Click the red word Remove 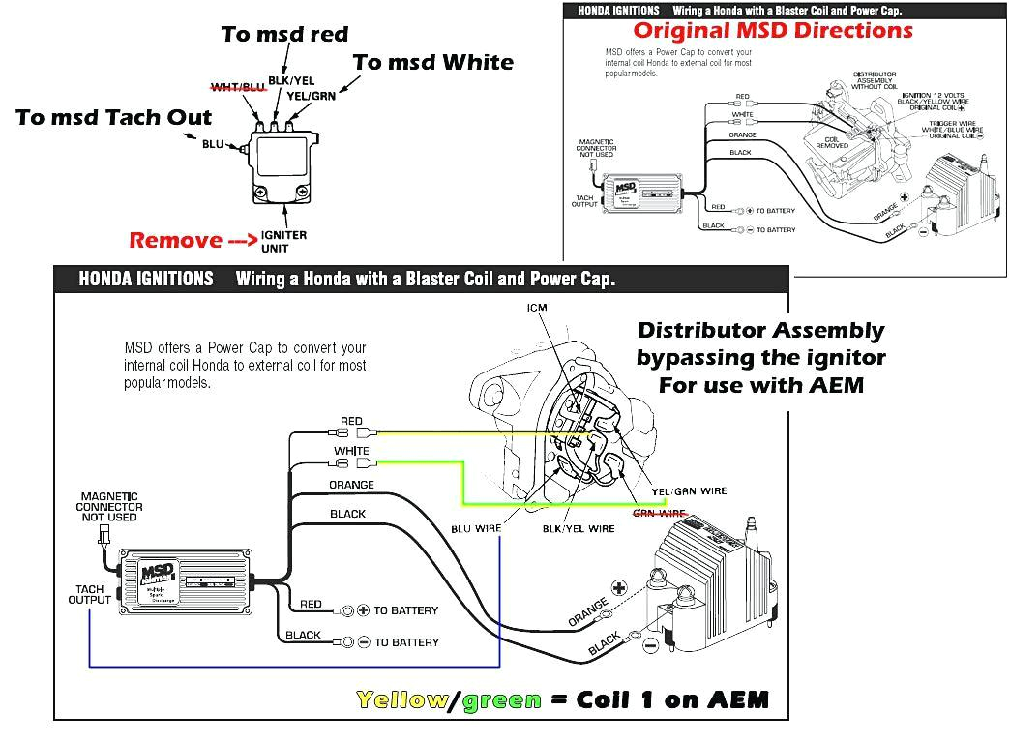176,240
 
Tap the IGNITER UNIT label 283,241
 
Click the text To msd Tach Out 114,117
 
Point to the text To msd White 432,62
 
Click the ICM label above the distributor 537,309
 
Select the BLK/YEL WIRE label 579,529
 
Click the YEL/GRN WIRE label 689,491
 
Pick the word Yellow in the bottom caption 401,699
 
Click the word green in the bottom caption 501,699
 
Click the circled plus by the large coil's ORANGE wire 618,587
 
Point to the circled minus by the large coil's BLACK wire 650,643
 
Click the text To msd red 284,34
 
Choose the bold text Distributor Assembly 760,331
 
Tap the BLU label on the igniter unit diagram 212,145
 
